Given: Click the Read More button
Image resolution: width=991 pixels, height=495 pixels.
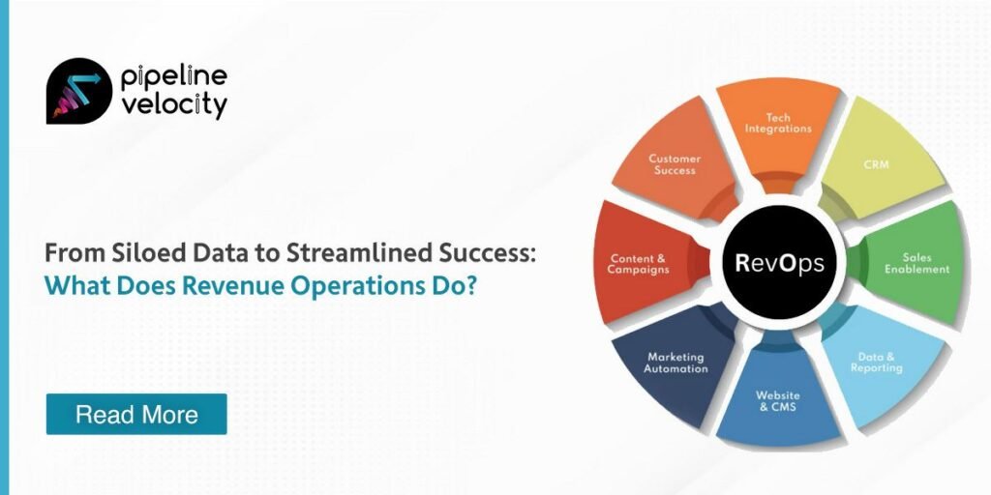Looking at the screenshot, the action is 136,414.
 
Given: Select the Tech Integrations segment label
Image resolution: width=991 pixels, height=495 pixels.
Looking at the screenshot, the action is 778,123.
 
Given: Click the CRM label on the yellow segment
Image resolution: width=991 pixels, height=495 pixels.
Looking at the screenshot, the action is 876,164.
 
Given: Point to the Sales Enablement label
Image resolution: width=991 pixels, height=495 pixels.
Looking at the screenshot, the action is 916,263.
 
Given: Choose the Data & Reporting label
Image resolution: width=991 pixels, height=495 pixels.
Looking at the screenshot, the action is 876,363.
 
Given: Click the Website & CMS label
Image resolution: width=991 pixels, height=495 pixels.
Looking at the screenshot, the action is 778,401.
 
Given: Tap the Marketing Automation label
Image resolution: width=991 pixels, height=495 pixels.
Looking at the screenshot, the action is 676,364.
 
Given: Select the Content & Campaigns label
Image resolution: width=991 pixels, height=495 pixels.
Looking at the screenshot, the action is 639,264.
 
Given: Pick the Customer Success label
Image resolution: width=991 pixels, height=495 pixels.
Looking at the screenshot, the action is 675,164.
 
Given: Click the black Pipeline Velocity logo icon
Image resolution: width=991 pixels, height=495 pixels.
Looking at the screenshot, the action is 79,91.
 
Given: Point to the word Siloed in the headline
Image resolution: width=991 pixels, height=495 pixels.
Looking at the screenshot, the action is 133,254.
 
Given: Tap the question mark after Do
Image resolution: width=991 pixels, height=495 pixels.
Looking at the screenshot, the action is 470,285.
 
